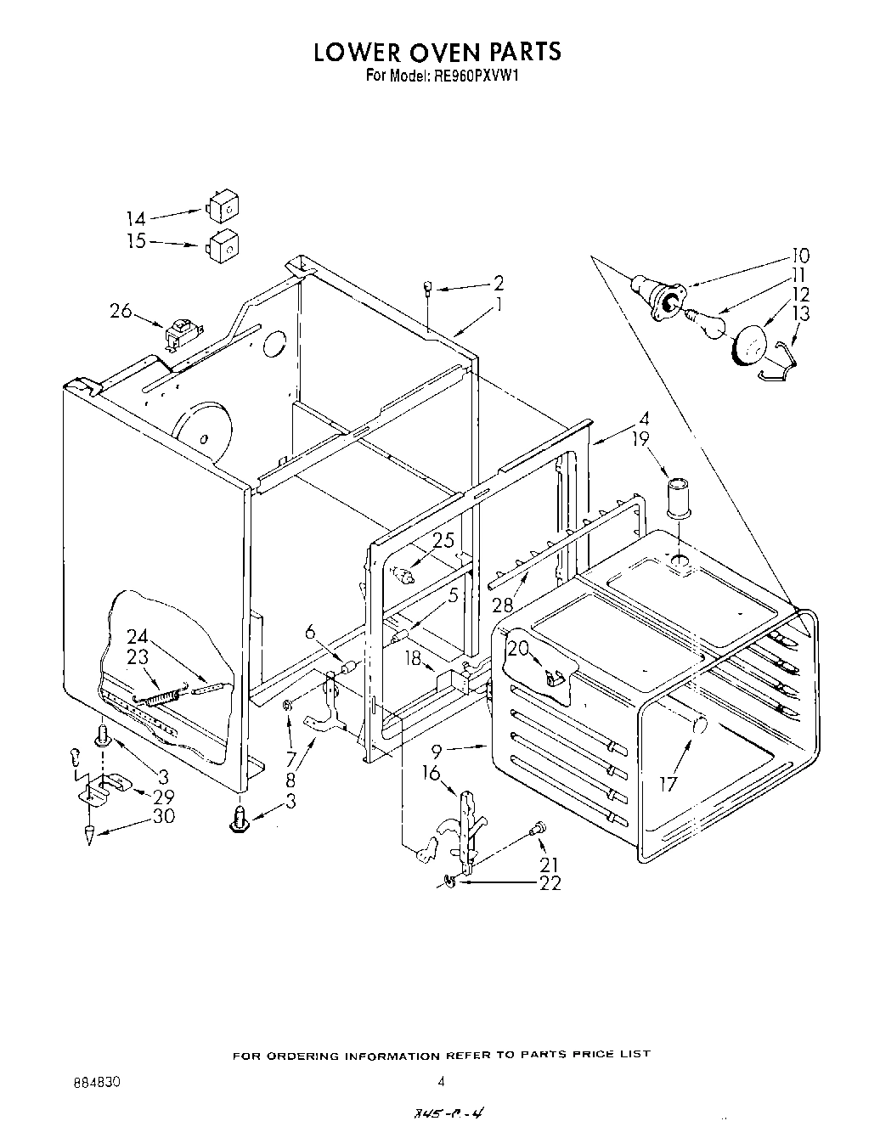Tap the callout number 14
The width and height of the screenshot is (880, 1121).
pos(136,217)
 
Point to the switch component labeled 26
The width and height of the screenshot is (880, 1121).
pos(181,333)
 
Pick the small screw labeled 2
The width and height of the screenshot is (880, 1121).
pos(430,290)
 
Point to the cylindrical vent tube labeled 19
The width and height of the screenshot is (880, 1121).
pos(678,496)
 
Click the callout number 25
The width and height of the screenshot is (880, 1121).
pos(443,540)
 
